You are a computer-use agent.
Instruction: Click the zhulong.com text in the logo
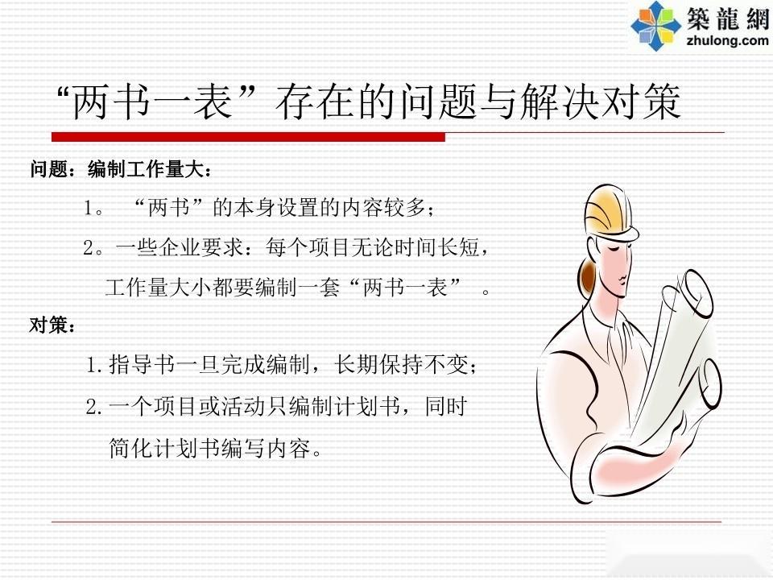727,39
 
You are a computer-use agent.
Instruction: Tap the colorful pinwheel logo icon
655,26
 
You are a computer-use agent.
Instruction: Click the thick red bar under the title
248,137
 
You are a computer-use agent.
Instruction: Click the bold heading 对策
48,325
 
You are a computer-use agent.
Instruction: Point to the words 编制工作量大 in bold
146,169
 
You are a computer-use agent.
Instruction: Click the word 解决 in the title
560,101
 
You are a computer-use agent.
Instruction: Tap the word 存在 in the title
316,101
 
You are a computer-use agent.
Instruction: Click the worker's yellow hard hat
610,213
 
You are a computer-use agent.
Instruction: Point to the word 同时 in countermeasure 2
445,407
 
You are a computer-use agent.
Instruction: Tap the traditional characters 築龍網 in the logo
728,19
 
